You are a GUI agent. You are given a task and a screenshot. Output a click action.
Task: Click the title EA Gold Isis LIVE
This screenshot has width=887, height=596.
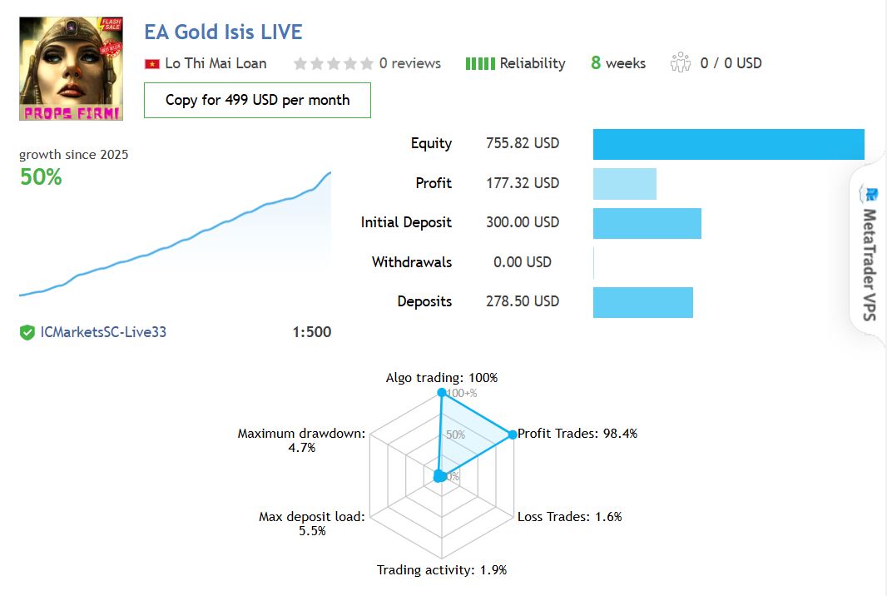223,32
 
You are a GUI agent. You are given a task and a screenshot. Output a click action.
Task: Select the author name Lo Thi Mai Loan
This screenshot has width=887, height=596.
216,63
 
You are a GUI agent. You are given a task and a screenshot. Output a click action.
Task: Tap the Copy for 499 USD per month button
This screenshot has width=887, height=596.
257,100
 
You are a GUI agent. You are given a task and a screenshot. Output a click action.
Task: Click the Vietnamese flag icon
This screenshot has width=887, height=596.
151,64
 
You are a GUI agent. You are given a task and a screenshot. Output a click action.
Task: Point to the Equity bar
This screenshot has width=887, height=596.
728,144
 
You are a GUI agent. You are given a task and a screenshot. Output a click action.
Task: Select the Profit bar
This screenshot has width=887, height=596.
624,183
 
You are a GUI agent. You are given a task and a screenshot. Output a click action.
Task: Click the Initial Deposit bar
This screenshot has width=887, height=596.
647,223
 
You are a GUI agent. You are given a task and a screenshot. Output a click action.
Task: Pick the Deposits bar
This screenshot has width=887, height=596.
642,301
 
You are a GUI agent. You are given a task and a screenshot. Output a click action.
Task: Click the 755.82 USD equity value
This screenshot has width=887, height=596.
523,143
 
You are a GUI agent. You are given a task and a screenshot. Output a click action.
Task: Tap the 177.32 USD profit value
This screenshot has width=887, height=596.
523,183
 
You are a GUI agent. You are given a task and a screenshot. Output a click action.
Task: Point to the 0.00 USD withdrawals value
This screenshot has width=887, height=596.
522,262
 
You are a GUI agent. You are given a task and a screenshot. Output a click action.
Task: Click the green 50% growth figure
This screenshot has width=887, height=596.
41,177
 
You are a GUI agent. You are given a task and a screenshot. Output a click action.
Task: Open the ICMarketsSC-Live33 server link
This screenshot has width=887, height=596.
103,332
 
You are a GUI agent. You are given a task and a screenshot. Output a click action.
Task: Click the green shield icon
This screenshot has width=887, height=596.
27,333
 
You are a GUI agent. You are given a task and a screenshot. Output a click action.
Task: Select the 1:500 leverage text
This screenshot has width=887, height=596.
311,332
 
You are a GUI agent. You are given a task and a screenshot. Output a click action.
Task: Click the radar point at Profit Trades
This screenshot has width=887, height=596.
512,434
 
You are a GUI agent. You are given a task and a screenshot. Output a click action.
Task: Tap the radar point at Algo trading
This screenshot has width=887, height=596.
442,392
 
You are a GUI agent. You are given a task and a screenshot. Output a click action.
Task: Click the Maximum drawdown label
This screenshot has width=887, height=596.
301,434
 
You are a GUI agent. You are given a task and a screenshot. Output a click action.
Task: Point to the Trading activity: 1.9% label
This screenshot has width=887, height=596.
441,570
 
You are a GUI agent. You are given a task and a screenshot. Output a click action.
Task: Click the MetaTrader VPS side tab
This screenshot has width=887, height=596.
870,251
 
